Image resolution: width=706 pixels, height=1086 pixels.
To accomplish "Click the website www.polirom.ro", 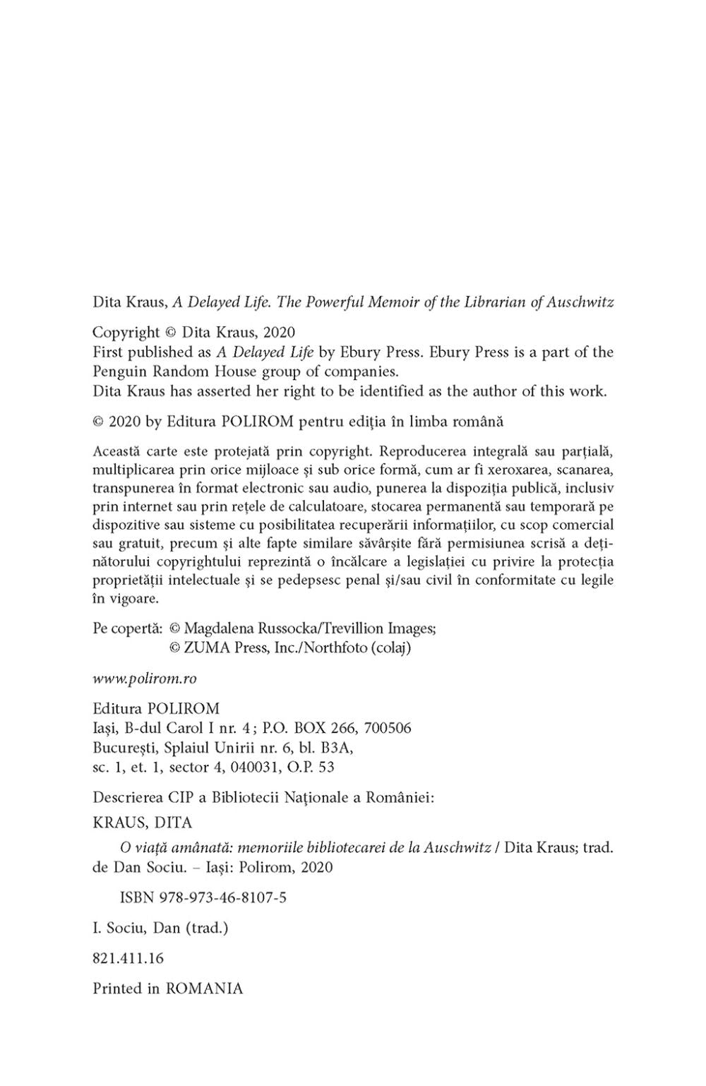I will click(145, 678).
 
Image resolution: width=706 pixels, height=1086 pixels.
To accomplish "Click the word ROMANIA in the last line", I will click(204, 989).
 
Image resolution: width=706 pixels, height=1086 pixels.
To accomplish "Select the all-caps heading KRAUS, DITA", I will click(143, 823).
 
